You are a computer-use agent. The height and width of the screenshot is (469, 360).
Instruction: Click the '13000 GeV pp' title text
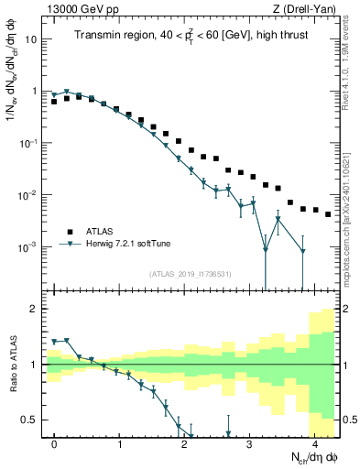tap(82, 9)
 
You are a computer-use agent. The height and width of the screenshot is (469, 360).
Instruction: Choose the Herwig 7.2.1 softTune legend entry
tap(122, 245)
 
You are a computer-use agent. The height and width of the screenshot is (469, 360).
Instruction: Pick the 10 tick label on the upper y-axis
tap(32, 40)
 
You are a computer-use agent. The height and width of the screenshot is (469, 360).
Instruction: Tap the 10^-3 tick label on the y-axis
tap(29, 247)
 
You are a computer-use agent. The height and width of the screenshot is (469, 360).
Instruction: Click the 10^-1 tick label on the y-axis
tap(29, 144)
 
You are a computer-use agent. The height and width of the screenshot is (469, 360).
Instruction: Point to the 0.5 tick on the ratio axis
tap(30, 420)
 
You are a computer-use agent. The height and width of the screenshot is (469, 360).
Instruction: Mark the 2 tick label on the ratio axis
tap(35, 309)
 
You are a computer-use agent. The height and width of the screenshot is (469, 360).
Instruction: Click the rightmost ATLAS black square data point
tap(329, 214)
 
